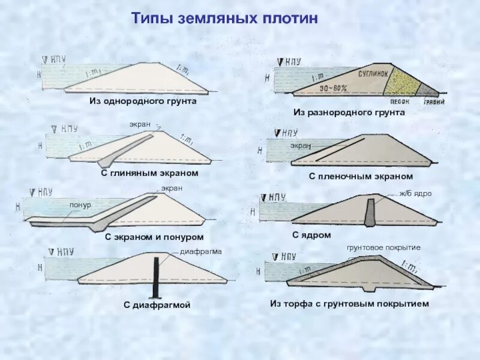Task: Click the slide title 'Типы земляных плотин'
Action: (x=224, y=18)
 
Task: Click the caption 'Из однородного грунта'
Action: (x=143, y=101)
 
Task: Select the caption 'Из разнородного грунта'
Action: (x=349, y=112)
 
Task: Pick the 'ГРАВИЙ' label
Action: (x=434, y=101)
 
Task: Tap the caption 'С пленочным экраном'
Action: (x=361, y=176)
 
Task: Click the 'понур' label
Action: (x=80, y=205)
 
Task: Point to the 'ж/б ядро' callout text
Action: (x=416, y=194)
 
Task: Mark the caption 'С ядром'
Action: (x=311, y=235)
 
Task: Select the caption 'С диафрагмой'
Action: (x=157, y=305)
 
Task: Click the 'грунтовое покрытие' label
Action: (x=383, y=247)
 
